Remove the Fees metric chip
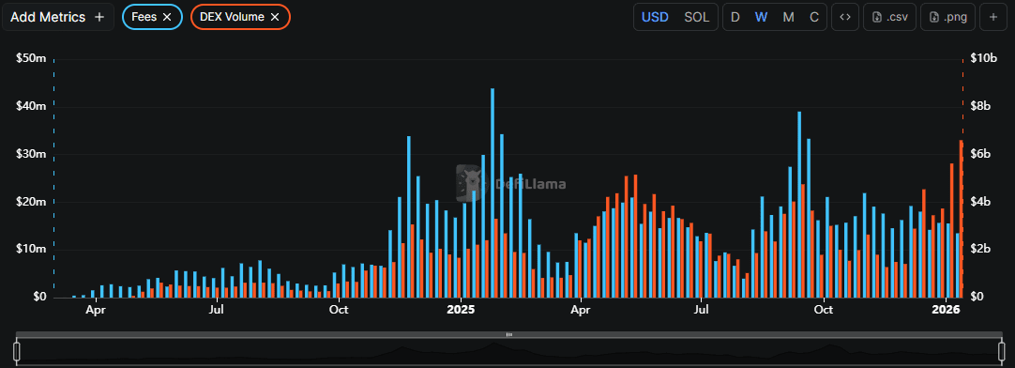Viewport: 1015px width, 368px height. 167,17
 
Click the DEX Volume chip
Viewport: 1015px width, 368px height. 232,17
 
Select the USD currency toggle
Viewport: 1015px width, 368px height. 655,17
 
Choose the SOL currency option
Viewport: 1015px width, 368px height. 697,17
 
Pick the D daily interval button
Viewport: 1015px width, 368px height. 735,17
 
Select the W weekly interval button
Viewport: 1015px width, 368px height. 762,17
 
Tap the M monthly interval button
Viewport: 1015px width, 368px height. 788,17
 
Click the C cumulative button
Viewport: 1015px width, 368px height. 813,17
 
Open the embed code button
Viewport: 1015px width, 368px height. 845,17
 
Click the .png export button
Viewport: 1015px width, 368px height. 948,17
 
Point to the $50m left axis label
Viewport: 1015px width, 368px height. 32,58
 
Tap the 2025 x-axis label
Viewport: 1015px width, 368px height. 461,309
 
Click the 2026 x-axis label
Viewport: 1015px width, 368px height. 947,309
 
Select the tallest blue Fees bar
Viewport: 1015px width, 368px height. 492,192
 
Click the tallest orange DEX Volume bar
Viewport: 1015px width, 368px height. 961,219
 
